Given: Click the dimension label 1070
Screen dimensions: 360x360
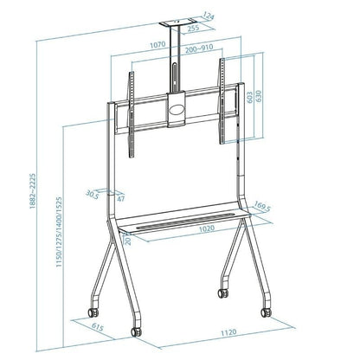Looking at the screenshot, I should click(157, 43).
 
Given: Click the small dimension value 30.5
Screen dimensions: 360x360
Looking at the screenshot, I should click(90, 194).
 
